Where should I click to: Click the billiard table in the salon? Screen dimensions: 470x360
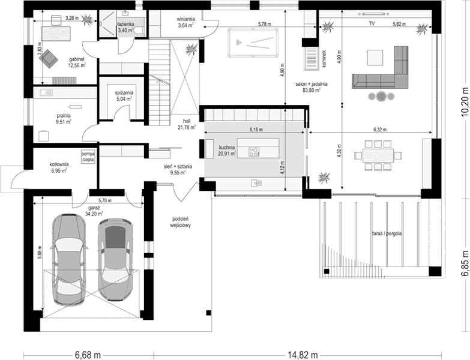253,43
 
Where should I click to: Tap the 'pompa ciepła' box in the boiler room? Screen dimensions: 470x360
88,157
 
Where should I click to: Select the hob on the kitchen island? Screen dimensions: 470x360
254,152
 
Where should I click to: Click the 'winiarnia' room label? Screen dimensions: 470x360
186,20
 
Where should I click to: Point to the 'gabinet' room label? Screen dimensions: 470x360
77,59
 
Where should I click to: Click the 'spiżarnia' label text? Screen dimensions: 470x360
124,93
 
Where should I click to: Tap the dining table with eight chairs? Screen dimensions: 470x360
378,155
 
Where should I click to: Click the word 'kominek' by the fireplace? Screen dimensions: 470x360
325,59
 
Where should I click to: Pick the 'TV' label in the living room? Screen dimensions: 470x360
372,23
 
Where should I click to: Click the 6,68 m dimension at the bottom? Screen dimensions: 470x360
88,355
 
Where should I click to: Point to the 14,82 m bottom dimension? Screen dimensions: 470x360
303,355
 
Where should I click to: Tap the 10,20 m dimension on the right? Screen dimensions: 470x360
465,102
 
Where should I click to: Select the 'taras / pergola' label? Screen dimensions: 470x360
387,233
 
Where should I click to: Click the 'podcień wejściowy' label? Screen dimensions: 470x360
180,222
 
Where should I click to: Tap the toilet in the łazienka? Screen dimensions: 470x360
139,31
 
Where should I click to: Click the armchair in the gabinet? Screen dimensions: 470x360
48,59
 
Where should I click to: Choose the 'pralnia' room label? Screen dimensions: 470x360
64,115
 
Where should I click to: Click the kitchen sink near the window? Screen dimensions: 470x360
256,182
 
